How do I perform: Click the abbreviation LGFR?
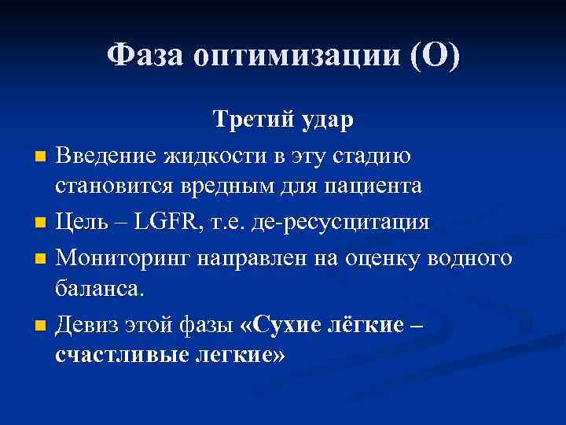(x=167, y=221)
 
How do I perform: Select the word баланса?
(x=100, y=290)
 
